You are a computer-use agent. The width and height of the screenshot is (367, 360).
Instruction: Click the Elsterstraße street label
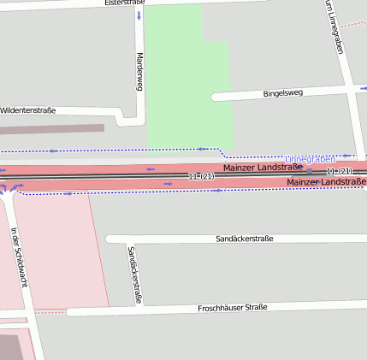coord(124,3)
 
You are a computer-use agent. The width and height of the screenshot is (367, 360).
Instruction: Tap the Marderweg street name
coord(139,72)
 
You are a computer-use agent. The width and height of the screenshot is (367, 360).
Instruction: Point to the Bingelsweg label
coord(283,92)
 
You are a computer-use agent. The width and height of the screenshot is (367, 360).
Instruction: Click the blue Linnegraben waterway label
coord(311,158)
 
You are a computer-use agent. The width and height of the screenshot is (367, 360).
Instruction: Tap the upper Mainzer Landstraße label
coord(263,168)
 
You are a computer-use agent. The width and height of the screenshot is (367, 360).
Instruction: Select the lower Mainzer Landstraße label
coord(327,182)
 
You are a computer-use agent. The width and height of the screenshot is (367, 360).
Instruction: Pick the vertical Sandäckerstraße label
coord(133,275)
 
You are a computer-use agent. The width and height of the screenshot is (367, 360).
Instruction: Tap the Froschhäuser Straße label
coord(233,307)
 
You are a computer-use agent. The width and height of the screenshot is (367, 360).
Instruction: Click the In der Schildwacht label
coord(19,256)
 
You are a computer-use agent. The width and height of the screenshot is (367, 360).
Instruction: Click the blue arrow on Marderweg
coord(139,16)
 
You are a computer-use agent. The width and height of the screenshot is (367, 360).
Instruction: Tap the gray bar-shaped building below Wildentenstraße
coord(51,129)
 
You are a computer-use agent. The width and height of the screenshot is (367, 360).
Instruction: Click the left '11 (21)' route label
coord(201,175)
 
